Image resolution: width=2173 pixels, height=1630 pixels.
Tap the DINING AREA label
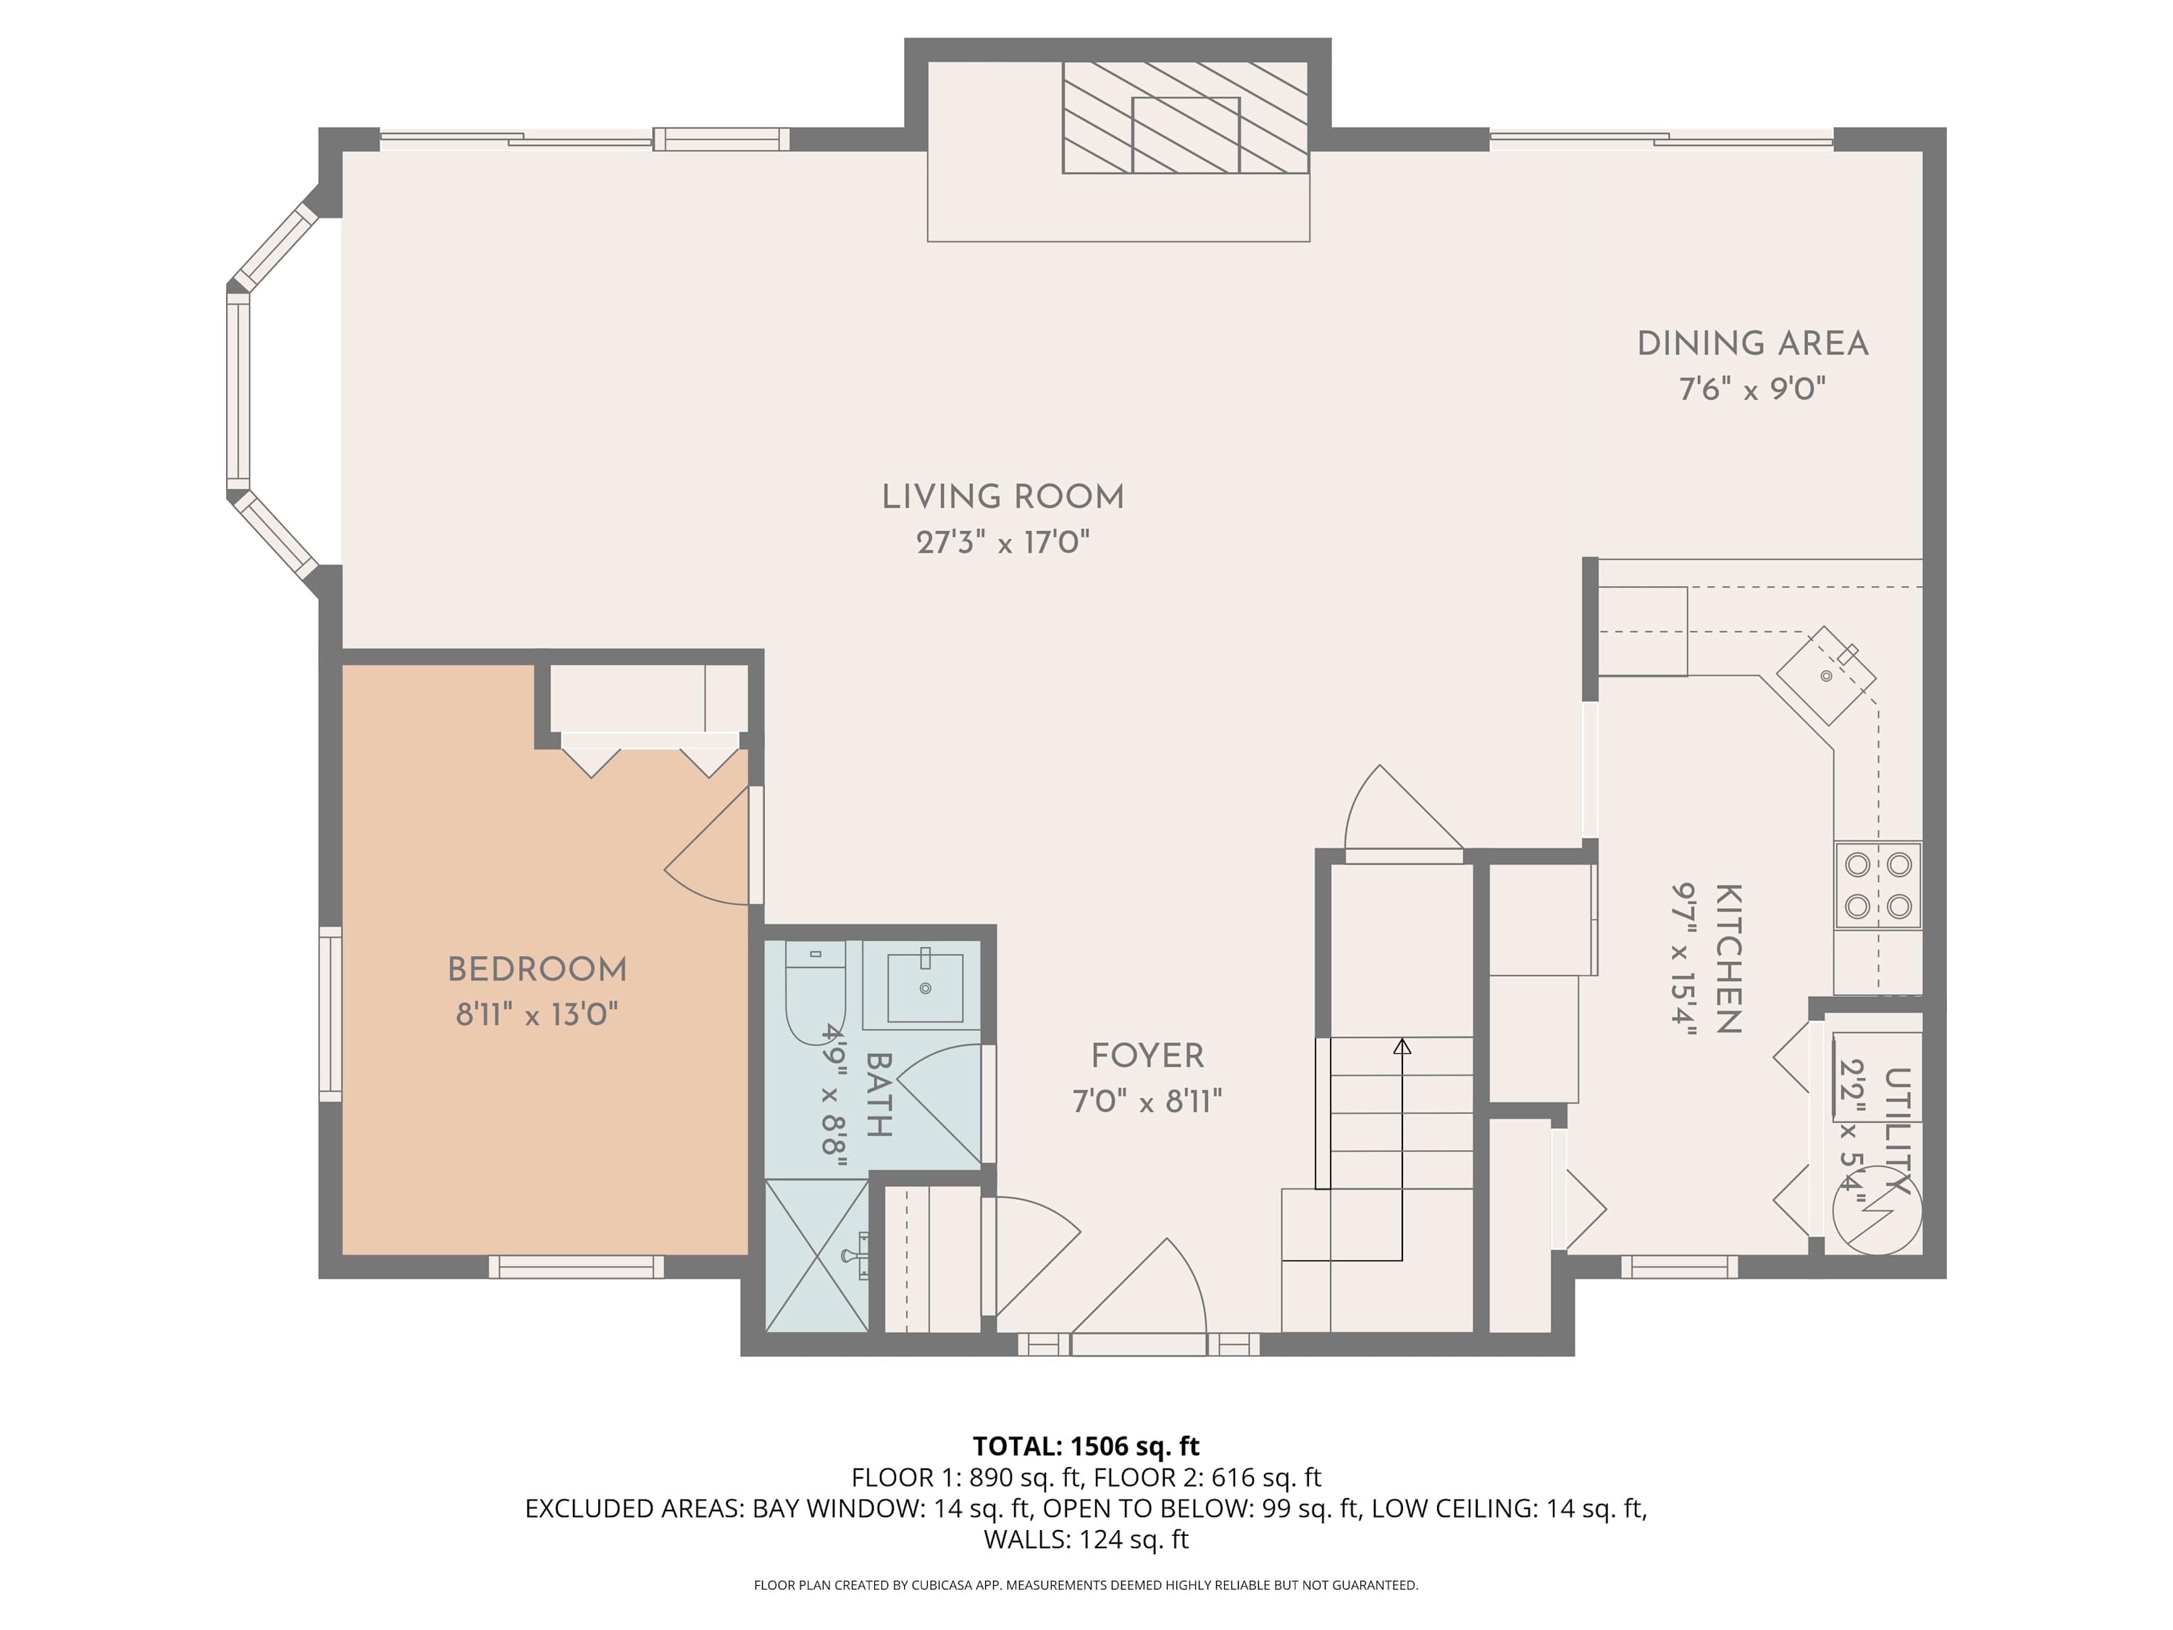click(1753, 344)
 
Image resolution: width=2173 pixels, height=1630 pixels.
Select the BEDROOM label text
click(537, 970)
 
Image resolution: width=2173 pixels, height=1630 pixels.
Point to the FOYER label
click(1147, 1056)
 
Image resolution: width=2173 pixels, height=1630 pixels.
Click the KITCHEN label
click(1729, 959)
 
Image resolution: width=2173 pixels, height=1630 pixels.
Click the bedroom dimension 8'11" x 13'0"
click(537, 1014)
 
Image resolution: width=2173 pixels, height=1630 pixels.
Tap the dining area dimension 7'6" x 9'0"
click(1753, 389)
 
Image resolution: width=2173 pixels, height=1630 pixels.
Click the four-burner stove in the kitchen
click(1878, 885)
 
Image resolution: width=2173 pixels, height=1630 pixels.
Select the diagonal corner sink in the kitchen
click(1826, 676)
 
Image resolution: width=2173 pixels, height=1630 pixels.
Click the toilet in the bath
click(816, 987)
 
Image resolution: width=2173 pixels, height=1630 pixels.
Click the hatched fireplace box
click(1185, 118)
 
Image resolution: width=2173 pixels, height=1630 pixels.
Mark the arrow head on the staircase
click(1402, 1048)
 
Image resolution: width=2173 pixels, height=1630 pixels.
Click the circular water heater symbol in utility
click(1877, 1211)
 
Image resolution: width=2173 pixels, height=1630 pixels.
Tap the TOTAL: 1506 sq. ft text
click(1086, 1446)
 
